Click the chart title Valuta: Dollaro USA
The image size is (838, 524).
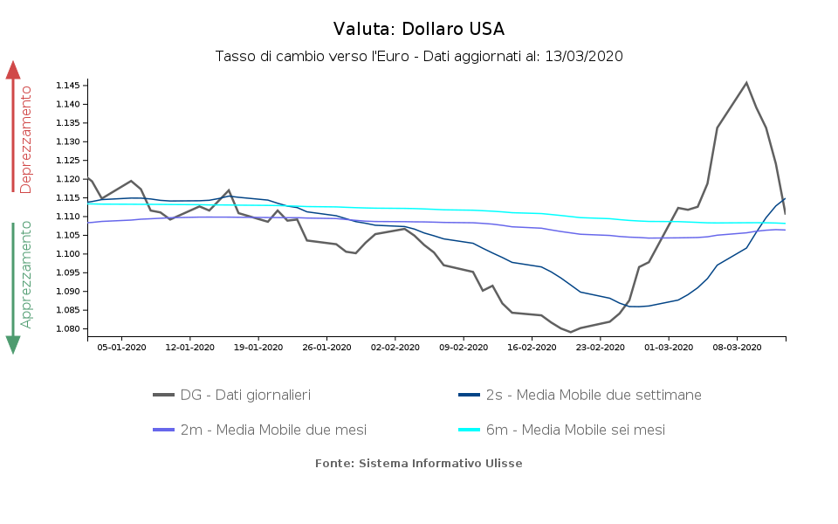(419, 29)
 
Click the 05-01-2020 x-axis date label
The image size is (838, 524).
(121, 347)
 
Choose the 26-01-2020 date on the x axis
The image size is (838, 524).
(326, 347)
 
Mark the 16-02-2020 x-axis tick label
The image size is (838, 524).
(532, 347)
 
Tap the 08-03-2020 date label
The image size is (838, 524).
(737, 347)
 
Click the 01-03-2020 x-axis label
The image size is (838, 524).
(669, 347)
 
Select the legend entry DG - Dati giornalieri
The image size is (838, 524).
(245, 396)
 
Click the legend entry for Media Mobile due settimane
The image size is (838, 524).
(593, 396)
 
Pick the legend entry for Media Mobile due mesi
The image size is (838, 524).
(273, 431)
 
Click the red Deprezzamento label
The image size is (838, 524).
(27, 140)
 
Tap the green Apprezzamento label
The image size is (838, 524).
(27, 274)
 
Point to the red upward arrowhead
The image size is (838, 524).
(13, 69)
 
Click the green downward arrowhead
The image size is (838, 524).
(13, 345)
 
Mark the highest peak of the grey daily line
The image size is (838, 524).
(746, 83)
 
